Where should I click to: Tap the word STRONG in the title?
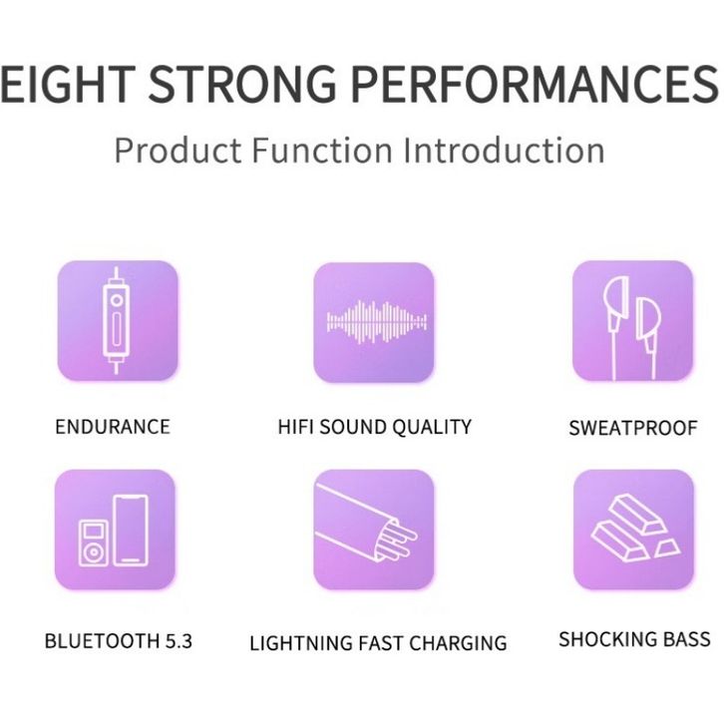click(242, 84)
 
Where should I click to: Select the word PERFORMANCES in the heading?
click(535, 84)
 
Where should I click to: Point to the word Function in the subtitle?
click(322, 150)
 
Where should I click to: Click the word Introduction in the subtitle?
click(504, 150)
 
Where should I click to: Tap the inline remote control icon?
click(118, 320)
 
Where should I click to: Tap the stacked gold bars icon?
click(633, 530)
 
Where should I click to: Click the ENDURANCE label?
click(113, 427)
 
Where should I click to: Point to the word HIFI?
click(295, 427)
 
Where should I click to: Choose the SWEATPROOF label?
click(633, 428)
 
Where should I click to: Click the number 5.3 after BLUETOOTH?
click(179, 641)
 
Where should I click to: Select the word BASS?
click(687, 639)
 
